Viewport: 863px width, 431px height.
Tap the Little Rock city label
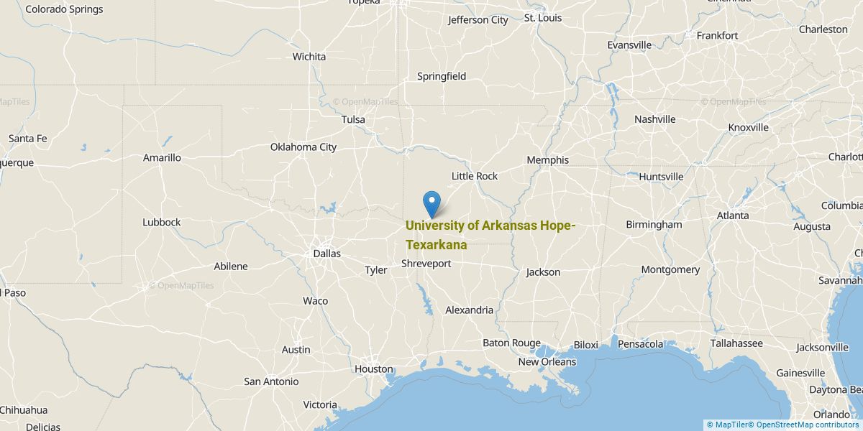474,176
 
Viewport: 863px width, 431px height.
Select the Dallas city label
327,254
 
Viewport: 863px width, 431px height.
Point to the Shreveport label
426,264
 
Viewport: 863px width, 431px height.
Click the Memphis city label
547,160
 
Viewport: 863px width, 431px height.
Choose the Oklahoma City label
303,147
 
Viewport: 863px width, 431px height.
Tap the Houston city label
374,369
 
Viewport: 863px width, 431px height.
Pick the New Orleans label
547,362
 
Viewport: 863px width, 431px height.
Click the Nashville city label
654,119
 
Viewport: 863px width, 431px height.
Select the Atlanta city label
732,215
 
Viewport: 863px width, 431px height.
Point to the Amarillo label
162,158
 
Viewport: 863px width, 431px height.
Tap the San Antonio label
271,381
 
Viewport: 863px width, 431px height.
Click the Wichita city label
309,57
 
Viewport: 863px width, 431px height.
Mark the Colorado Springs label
64,9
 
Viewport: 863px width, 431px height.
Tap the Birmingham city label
654,224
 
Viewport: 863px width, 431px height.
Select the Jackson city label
543,272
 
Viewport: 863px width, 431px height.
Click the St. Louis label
543,18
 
